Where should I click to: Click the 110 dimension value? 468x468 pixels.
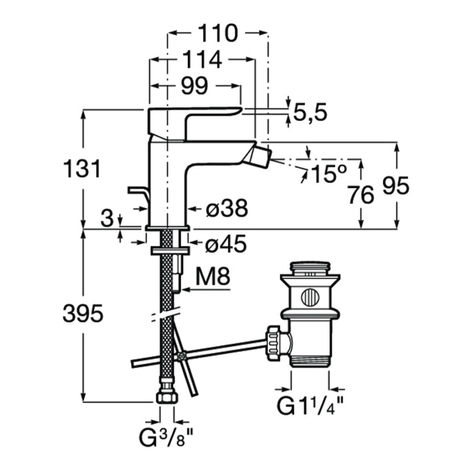pyautogui.click(x=217, y=33)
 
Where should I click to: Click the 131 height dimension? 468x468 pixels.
pyautogui.click(x=82, y=168)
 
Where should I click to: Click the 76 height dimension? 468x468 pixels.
pyautogui.click(x=361, y=194)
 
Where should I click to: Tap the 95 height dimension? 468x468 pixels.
pyautogui.click(x=395, y=186)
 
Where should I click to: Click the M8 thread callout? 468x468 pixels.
pyautogui.click(x=214, y=276)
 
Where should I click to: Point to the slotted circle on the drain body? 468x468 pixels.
pyautogui.click(x=310, y=296)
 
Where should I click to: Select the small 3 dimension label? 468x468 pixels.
pyautogui.click(x=107, y=218)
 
